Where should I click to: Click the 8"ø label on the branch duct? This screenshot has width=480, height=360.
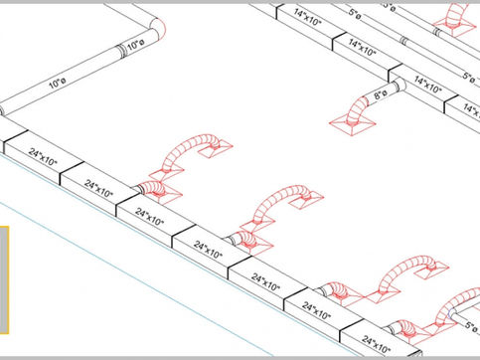pyautogui.click(x=379, y=96)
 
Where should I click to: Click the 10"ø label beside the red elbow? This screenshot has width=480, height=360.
pyautogui.click(x=133, y=46)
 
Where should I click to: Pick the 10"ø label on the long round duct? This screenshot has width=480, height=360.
pyautogui.click(x=58, y=84)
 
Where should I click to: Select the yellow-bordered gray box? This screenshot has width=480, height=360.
pyautogui.click(x=3, y=278)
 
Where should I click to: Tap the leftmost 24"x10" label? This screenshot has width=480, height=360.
pyautogui.click(x=42, y=160)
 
